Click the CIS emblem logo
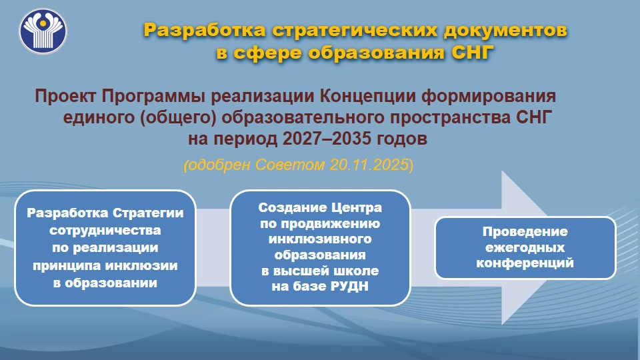tap(43, 31)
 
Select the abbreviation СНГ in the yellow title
tap(470, 53)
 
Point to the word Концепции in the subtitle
tap(367, 96)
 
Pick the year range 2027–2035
tap(327, 139)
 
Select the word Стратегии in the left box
tap(148, 213)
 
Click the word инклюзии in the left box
tap(141, 266)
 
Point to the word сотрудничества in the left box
tap(105, 231)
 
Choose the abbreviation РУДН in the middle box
tap(349, 287)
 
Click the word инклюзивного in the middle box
tap(320, 239)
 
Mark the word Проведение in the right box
tap(525, 232)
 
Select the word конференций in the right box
tap(525, 263)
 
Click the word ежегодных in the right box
tap(525, 247)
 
